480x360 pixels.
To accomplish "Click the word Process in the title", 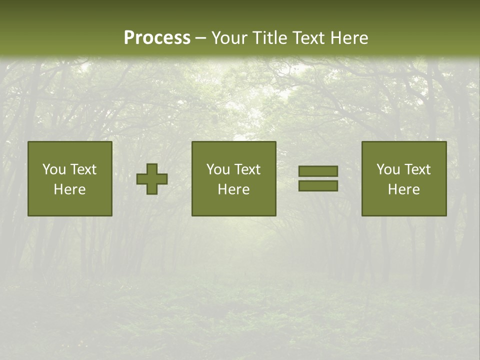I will [x=157, y=38].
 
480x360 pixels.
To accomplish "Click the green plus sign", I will [x=152, y=179].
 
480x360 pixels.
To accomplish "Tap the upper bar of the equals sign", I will [x=318, y=171].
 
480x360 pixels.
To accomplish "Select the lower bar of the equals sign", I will [x=318, y=186].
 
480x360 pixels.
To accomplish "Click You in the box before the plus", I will [x=54, y=169].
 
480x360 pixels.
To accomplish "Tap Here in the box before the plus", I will [x=69, y=189].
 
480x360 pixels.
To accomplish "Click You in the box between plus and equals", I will [x=218, y=169].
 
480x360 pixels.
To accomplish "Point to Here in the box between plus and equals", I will [x=233, y=189].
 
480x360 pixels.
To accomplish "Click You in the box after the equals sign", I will [x=388, y=169].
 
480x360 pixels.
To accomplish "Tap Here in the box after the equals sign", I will [x=403, y=189].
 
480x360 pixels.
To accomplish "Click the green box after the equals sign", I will [x=404, y=205].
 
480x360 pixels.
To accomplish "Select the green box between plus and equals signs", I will [x=234, y=205].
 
